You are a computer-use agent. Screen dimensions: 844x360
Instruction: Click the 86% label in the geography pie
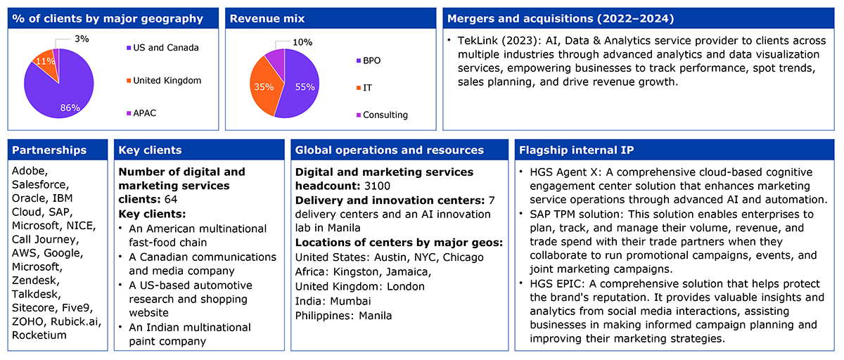tap(70, 108)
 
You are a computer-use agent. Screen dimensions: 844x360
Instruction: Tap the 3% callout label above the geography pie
tap(82, 39)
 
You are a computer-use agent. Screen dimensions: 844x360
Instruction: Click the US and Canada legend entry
tap(162, 48)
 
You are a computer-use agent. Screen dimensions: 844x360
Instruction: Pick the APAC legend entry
tap(141, 113)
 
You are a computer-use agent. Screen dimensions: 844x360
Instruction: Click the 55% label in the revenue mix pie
tap(305, 87)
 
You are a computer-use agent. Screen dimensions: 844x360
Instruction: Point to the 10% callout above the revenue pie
tap(302, 42)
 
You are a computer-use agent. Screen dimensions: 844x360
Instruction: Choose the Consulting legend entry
tap(382, 115)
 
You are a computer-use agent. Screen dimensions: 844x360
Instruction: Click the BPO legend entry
tap(369, 60)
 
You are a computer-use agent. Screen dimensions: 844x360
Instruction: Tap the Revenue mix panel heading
tap(267, 18)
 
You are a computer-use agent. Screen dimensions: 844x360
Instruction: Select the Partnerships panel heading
tap(49, 150)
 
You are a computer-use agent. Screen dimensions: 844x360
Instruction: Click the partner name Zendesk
tap(35, 281)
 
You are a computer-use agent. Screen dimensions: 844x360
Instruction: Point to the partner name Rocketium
tap(39, 335)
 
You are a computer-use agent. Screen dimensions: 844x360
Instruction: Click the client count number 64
tap(171, 199)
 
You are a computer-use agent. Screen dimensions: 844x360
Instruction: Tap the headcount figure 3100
tap(377, 186)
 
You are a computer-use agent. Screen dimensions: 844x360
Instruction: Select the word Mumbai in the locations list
tap(350, 301)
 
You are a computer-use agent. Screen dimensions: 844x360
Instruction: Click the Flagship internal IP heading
tap(577, 150)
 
